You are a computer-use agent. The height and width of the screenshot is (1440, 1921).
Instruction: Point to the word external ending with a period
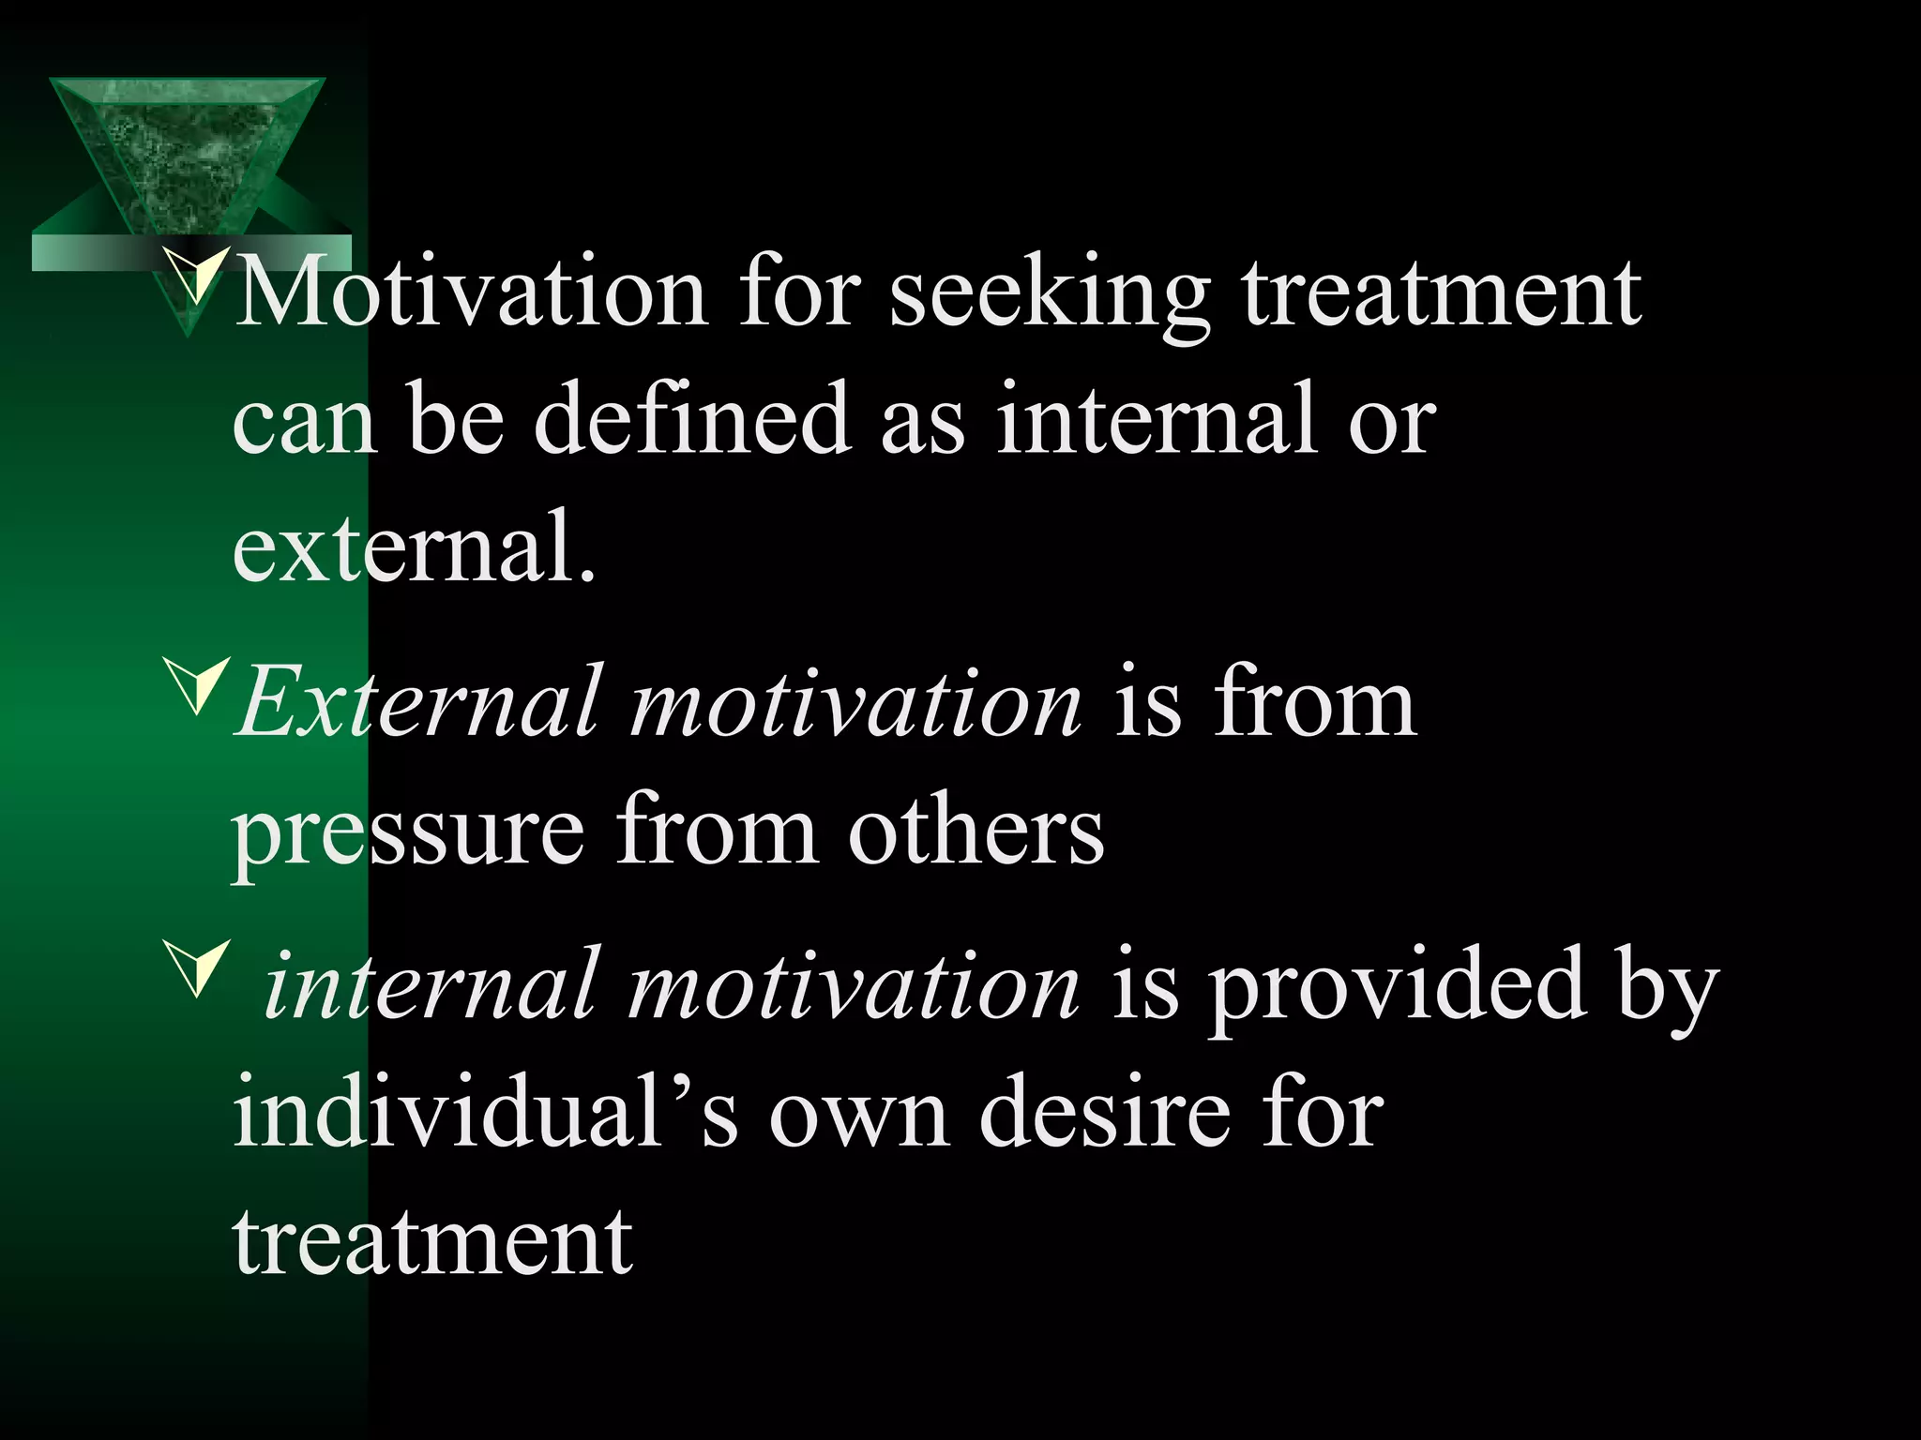[x=414, y=546]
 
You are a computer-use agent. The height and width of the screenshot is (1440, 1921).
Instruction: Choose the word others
[x=976, y=830]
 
